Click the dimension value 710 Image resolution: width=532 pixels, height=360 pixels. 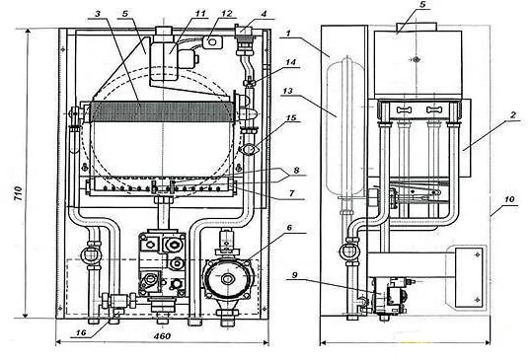19,193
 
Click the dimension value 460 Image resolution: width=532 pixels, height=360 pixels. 162,336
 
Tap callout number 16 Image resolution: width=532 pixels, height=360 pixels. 81,333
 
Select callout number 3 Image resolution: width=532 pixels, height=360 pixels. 98,14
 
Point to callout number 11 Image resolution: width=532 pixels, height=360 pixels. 200,14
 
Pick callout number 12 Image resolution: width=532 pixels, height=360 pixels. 227,14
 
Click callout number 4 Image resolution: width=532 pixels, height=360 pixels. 264,14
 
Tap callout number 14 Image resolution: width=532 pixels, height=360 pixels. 290,62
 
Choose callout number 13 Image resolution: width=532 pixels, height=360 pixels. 288,91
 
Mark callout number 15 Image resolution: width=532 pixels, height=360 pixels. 291,118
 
